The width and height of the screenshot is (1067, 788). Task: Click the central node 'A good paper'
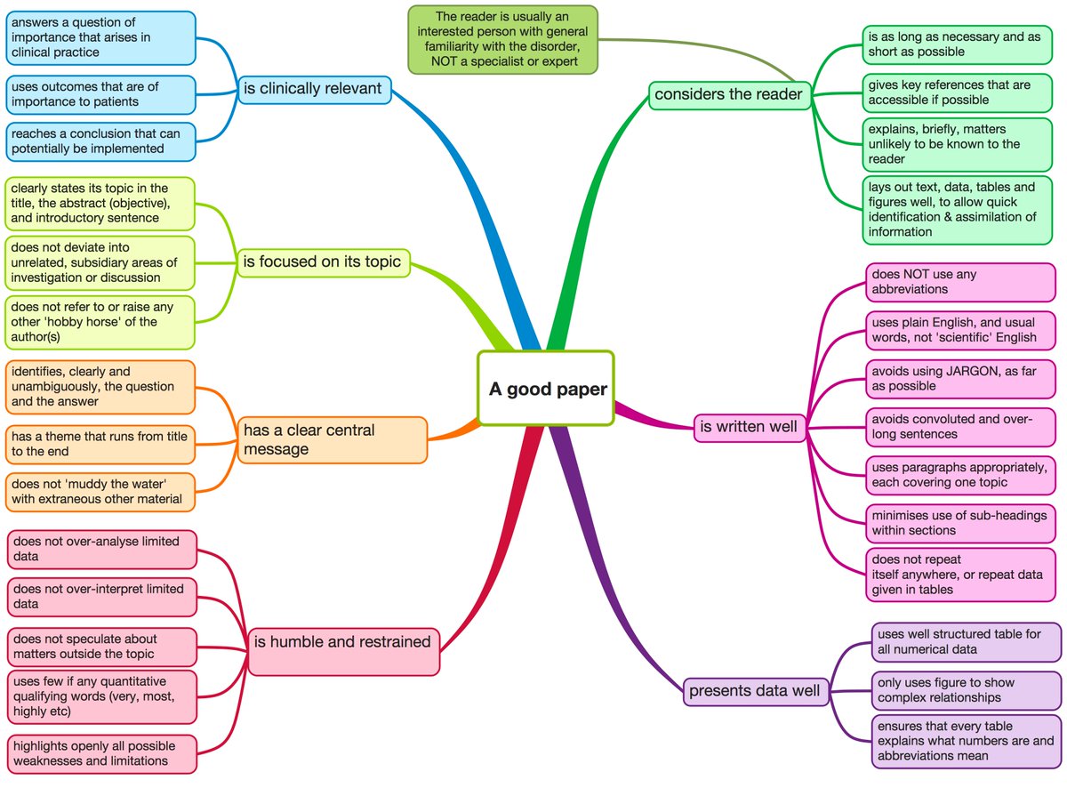click(x=545, y=389)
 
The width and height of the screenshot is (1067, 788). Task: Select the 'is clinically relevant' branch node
click(x=314, y=88)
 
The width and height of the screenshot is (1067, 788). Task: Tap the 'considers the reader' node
click(x=729, y=93)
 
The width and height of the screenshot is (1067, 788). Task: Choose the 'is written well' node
click(x=750, y=427)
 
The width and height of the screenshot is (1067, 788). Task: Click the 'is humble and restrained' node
click(x=342, y=642)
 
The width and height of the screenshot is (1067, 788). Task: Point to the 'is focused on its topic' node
click(x=323, y=261)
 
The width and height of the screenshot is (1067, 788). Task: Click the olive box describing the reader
click(x=502, y=39)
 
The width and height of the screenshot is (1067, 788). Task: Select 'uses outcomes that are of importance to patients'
click(x=100, y=94)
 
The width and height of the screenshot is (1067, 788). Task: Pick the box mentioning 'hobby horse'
click(x=100, y=321)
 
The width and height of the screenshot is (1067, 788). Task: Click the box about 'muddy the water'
click(x=100, y=492)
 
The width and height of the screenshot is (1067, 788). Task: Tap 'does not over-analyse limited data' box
click(x=100, y=549)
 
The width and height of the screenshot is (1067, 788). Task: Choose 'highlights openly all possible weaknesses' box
click(x=100, y=753)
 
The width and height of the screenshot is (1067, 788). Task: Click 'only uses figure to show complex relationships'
click(x=966, y=690)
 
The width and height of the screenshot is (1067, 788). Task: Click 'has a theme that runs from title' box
click(x=100, y=444)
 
